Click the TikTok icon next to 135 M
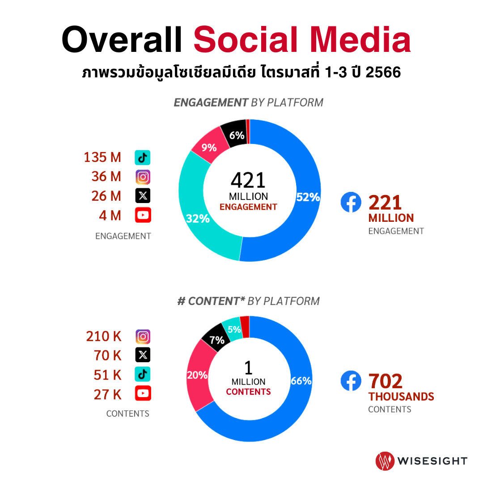click(x=143, y=157)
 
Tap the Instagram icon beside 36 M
click(x=143, y=177)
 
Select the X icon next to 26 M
click(x=143, y=196)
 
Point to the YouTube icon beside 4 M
click(x=143, y=215)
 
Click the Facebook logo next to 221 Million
click(x=351, y=202)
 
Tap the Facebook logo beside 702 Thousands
click(x=351, y=381)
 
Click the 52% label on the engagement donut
click(x=308, y=197)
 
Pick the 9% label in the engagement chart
click(x=209, y=148)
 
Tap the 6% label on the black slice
click(x=237, y=135)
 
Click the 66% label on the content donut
click(x=301, y=381)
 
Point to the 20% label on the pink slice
click(x=197, y=375)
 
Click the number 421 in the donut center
click(x=248, y=180)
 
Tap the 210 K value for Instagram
click(x=104, y=336)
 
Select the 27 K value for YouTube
click(x=107, y=394)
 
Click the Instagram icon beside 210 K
click(x=143, y=336)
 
